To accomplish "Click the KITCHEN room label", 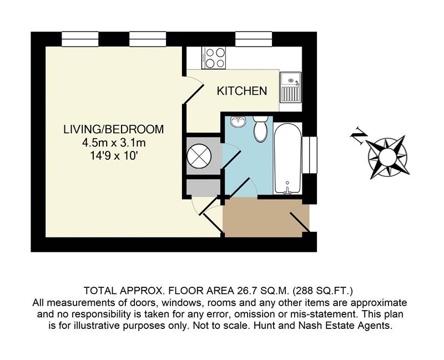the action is pyautogui.click(x=242, y=91).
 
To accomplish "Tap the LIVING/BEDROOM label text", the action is pyautogui.click(x=114, y=129).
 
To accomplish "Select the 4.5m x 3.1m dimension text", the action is pyautogui.click(x=114, y=143).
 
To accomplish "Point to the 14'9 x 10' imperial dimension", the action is pyautogui.click(x=114, y=156).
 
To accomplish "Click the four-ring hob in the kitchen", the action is pyautogui.click(x=214, y=58).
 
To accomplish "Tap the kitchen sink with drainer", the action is pyautogui.click(x=290, y=88).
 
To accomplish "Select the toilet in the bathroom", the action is pyautogui.click(x=261, y=129).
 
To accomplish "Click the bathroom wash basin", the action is pyautogui.click(x=238, y=121).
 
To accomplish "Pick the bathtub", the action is pyautogui.click(x=287, y=159).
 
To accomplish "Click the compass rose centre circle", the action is pyautogui.click(x=387, y=156).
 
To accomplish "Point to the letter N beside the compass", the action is pyautogui.click(x=359, y=135).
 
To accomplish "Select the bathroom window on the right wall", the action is pyautogui.click(x=310, y=155).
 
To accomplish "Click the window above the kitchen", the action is pyautogui.click(x=254, y=39).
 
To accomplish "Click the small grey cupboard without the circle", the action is pyautogui.click(x=203, y=187).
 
